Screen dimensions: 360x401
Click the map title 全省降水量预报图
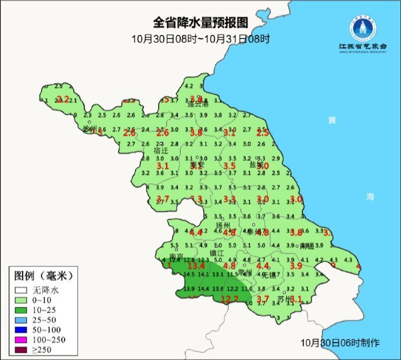201,23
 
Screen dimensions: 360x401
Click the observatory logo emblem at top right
362,26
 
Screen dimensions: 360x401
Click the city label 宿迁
161,150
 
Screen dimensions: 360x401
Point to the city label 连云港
197,105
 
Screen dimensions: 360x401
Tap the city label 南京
176,256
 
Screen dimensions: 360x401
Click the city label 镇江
216,254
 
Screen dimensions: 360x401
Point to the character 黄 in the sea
332,120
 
